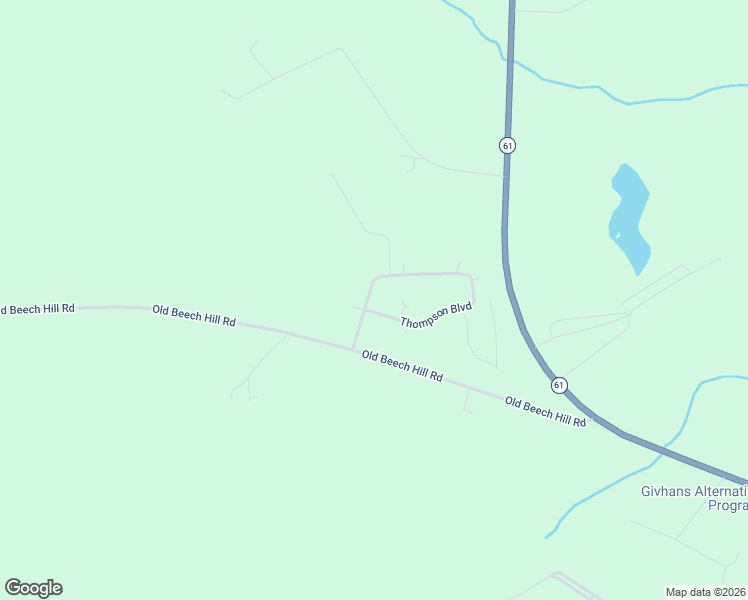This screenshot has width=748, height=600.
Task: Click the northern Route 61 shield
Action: point(508,145)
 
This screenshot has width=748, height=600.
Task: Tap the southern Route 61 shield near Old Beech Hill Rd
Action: point(558,385)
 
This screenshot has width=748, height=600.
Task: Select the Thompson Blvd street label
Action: point(435,315)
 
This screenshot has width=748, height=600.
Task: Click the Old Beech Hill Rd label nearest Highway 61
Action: point(545,412)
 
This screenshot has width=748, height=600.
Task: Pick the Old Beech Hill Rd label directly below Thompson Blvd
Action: point(402,366)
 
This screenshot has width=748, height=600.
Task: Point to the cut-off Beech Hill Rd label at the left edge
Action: point(37,309)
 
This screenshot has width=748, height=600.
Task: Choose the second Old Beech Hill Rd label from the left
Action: point(194,316)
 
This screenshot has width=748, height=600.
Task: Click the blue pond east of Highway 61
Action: point(629,216)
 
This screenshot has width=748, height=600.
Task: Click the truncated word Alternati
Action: point(719,491)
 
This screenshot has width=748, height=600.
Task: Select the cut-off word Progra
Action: point(727,506)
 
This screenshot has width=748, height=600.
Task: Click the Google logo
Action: point(33,588)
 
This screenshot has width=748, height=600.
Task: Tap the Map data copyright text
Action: point(705,591)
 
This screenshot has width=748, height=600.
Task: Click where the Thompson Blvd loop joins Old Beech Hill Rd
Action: point(353,349)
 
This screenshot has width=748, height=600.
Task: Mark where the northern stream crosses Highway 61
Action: point(509,56)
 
